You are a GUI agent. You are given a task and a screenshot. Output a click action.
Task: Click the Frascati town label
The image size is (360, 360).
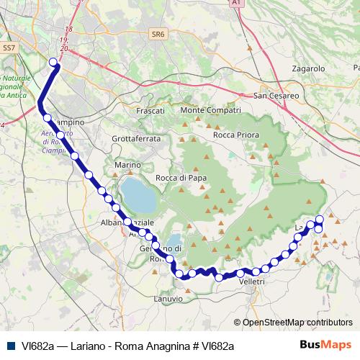click(150, 111)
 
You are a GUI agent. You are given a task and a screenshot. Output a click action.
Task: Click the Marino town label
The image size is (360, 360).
click(127, 166)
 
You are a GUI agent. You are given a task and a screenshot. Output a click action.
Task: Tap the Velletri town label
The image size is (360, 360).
click(252, 282)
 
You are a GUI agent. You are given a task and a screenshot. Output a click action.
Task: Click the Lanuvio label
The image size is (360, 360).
click(168, 297)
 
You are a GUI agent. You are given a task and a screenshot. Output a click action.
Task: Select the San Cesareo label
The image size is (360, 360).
click(277, 95)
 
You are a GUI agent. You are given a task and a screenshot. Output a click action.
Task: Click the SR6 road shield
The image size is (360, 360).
click(158, 33)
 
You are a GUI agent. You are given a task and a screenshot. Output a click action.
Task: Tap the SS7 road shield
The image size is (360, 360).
click(9, 48)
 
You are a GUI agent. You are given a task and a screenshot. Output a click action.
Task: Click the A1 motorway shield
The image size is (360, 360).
click(235, 4)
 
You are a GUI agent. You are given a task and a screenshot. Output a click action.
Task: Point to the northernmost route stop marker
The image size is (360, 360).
click(53, 62)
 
